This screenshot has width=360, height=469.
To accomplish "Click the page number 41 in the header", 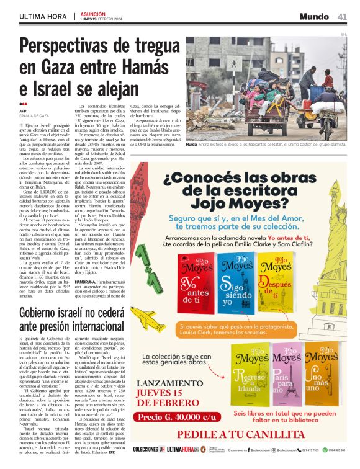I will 342,16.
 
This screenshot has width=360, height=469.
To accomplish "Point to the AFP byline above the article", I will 23,111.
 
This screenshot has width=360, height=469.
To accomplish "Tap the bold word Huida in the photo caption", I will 192,143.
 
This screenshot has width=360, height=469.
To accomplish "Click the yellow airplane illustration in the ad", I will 149,321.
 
